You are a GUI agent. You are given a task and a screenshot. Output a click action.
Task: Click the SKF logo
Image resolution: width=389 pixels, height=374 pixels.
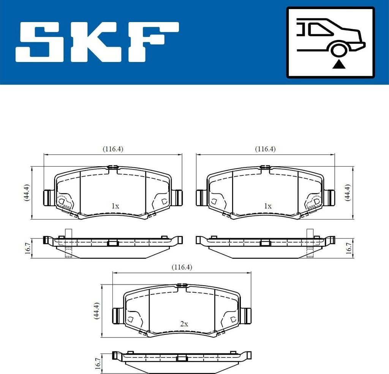(x=97, y=42)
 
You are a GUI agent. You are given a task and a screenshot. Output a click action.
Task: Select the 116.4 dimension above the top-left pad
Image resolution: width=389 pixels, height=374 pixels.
(x=113, y=149)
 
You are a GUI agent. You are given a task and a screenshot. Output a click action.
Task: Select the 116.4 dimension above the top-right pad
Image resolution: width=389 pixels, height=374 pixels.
(x=265, y=149)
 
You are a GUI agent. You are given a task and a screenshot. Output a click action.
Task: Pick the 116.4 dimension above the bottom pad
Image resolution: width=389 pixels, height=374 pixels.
(x=182, y=267)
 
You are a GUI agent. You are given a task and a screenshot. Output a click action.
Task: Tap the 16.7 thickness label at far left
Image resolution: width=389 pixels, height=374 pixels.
(x=26, y=248)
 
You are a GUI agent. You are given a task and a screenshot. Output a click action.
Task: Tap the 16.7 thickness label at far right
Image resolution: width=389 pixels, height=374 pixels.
(x=348, y=248)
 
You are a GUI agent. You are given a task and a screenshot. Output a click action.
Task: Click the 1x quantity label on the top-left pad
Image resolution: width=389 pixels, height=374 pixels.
(x=115, y=206)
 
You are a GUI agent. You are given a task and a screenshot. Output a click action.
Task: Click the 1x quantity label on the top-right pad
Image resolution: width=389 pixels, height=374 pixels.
(x=268, y=206)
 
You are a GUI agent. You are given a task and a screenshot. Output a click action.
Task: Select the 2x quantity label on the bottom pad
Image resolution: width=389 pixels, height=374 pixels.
(x=184, y=324)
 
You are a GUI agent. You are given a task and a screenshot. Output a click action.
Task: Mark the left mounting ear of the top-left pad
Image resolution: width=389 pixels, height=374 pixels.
(x=48, y=197)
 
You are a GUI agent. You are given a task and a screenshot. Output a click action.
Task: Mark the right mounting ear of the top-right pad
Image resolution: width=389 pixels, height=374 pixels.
(x=330, y=197)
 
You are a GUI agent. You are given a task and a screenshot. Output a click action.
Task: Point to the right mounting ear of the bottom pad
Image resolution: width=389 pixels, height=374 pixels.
(x=247, y=315)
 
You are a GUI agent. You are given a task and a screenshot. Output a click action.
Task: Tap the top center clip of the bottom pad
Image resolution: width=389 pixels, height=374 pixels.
(x=182, y=285)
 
